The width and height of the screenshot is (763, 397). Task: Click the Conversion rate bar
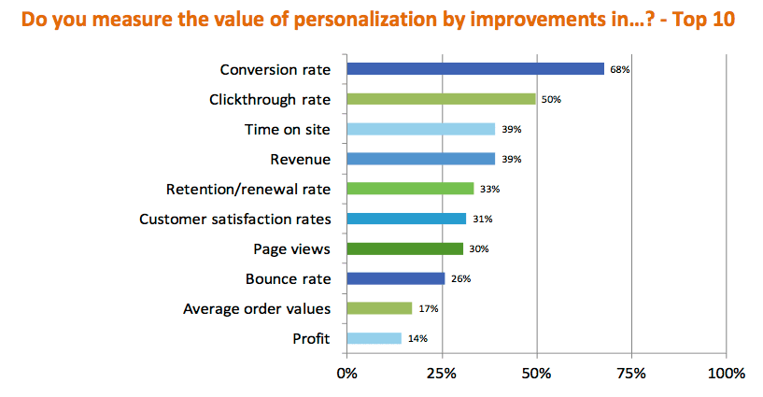pyautogui.click(x=475, y=68)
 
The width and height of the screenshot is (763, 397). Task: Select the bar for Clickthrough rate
pyautogui.click(x=441, y=98)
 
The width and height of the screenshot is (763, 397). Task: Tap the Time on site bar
pyautogui.click(x=420, y=129)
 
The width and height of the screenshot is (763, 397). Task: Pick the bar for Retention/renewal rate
pyautogui.click(x=410, y=189)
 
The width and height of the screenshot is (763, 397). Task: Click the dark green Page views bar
pyautogui.click(x=404, y=248)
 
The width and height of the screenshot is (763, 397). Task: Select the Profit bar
pyautogui.click(x=374, y=338)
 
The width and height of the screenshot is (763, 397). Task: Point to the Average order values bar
pyautogui.click(x=379, y=308)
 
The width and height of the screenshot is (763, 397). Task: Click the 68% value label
pyautogui.click(x=619, y=69)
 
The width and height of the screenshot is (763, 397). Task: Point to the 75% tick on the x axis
pyautogui.click(x=631, y=374)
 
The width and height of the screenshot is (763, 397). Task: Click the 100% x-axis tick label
pyautogui.click(x=727, y=374)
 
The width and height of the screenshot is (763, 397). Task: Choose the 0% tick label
pyautogui.click(x=346, y=374)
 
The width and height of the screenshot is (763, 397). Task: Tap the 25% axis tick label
pyautogui.click(x=442, y=374)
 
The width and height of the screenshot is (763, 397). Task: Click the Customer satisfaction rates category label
pyautogui.click(x=234, y=219)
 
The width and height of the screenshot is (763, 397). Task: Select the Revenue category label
pyautogui.click(x=300, y=159)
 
